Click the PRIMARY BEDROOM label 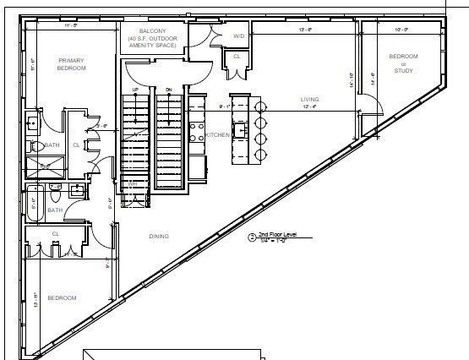click(72, 64)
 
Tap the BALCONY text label click(151, 30)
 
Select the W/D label click(238, 36)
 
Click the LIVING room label click(309, 100)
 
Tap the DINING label click(158, 236)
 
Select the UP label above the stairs click(135, 89)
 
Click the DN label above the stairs click(168, 89)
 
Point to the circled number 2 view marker click(251, 238)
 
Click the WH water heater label click(133, 183)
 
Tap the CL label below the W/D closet click(237, 57)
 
